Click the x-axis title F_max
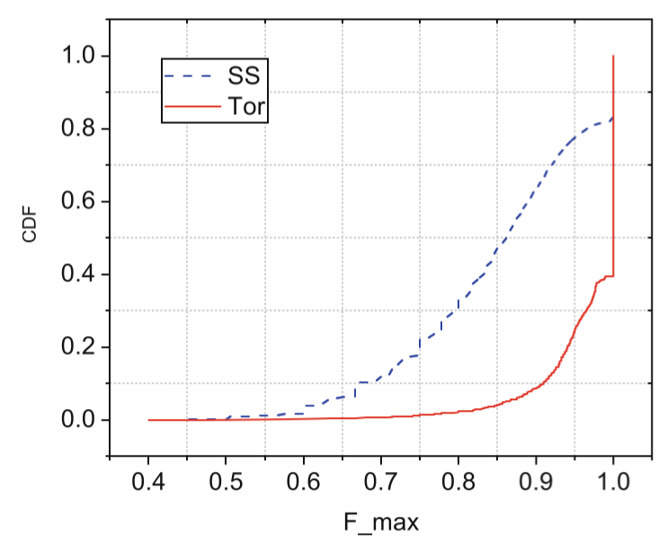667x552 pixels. click(x=379, y=522)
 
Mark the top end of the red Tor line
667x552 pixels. click(x=613, y=56)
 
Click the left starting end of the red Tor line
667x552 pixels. click(x=148, y=420)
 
